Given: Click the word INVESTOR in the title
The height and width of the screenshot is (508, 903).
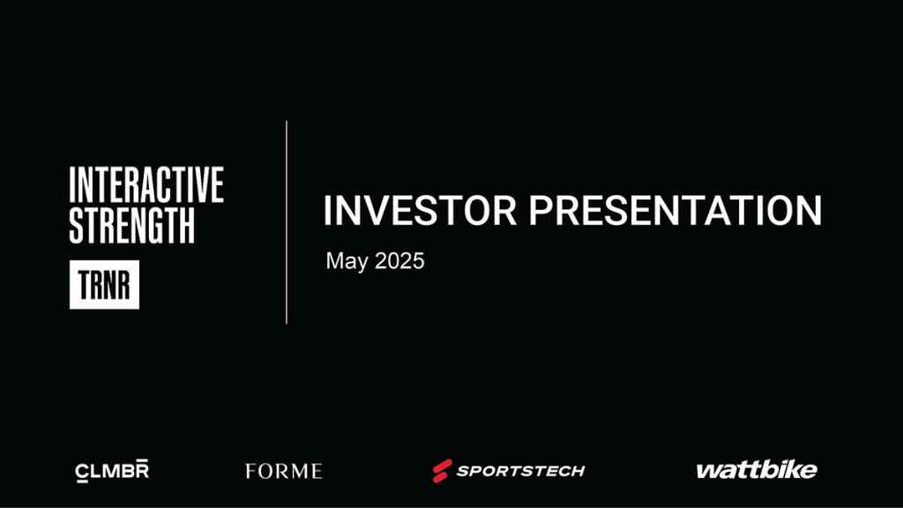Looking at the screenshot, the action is pos(420,210).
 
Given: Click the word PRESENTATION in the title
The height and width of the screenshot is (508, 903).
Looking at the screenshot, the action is pos(675,210).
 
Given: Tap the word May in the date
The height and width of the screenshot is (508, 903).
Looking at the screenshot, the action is pos(347,261).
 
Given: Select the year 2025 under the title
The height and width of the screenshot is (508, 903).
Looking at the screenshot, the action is pos(399,261).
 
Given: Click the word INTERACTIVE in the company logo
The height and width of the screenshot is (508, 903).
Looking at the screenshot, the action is pos(146,184).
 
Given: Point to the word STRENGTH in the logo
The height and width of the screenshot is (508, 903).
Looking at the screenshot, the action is pos(132,225).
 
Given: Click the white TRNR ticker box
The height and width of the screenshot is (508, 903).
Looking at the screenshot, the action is pos(104,285).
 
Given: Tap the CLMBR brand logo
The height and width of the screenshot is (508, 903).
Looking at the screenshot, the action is pos(112,471).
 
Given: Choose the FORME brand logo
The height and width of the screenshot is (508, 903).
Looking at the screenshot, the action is pos(283,471).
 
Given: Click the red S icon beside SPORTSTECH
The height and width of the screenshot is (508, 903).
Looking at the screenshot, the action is pos(443,471).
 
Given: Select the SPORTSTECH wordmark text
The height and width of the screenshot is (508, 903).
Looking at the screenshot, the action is pos(520,471).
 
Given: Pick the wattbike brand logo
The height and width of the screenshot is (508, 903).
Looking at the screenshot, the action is pos(757,470).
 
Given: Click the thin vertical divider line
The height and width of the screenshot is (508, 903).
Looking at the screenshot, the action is pos(287,222).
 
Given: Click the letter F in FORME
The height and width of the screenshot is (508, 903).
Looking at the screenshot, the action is pos(251,471).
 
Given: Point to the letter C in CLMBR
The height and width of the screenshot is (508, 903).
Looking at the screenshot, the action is pos(83,472).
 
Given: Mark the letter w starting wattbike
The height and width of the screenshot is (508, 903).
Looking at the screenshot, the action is pos(708,472).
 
